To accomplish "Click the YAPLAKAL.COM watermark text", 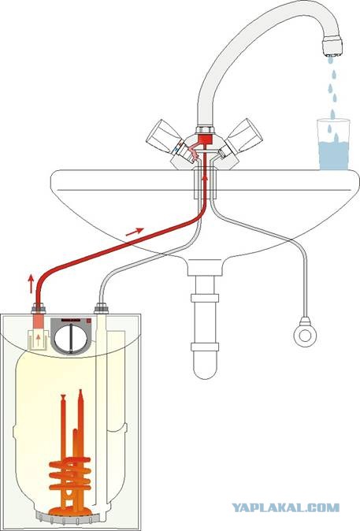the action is coord(285,507).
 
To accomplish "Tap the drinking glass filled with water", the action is coord(333,144).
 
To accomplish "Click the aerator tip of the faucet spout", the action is coord(332,47).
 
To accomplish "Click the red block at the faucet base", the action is coord(204,139).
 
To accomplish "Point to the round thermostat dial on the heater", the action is coord(72,337).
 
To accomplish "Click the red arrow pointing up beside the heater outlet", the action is coord(31,284).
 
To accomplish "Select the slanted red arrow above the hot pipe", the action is coord(135,232).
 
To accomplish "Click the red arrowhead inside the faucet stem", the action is coord(205,178).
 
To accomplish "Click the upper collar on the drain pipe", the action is coord(204,298).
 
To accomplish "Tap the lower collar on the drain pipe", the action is coord(204,347).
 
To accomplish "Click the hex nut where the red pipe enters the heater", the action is coord(39,309).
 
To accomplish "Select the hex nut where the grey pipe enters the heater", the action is coord(101,309).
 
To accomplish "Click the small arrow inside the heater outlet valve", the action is coord(38,340).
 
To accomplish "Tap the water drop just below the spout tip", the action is coord(330,61).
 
